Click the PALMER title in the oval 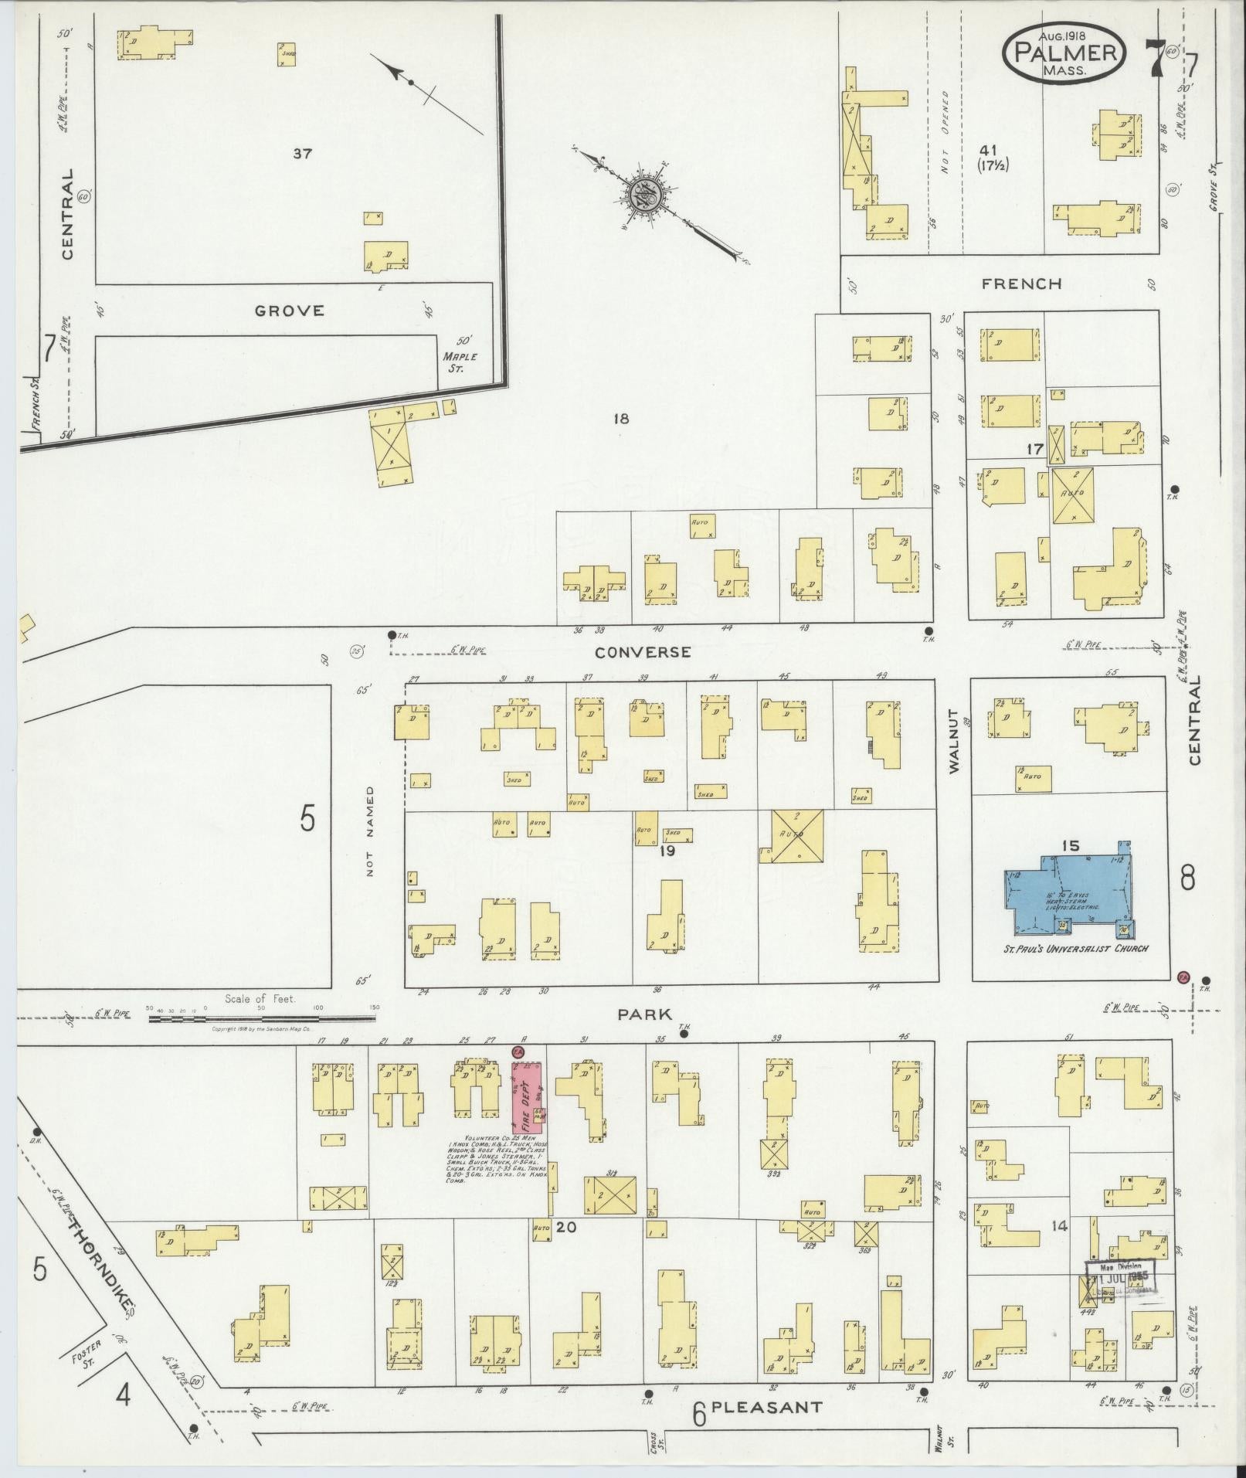click(x=1064, y=53)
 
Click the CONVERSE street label click(x=643, y=652)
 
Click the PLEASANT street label click(x=766, y=1408)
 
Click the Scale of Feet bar click(x=263, y=1018)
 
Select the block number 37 click(x=302, y=154)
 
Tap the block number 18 click(x=621, y=419)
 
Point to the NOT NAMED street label click(x=370, y=831)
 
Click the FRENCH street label click(x=1021, y=284)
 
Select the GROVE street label click(x=289, y=311)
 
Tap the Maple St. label click(x=460, y=361)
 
